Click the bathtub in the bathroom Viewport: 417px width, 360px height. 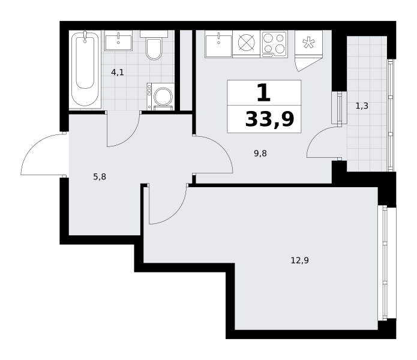coord(85,69)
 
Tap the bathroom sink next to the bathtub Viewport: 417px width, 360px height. coord(119,40)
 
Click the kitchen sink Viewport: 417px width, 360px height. coord(218,44)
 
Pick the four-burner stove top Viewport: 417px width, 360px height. coord(274,44)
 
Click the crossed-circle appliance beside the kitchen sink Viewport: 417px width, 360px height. coord(247,43)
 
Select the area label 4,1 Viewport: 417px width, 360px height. coord(118,72)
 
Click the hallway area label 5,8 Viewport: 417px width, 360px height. coord(100,176)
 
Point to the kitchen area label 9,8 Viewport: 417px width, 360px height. coord(260,154)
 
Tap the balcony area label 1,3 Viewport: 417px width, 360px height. coord(362,106)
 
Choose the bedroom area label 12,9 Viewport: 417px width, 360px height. coord(300,260)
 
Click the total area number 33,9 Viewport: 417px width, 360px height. coord(269,119)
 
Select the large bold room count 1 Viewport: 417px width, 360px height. coord(264,92)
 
